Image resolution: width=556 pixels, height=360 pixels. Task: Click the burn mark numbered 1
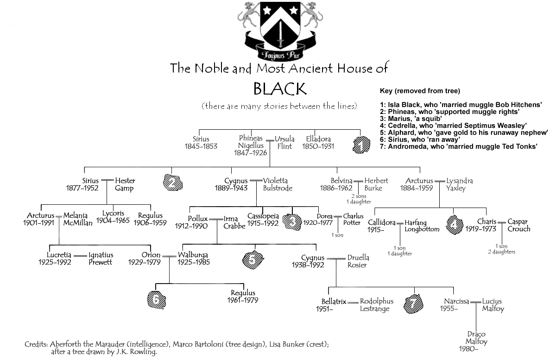pyautogui.click(x=360, y=145)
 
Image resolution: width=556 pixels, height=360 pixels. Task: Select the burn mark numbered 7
pyautogui.click(x=413, y=304)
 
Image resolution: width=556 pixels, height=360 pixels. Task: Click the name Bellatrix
pyautogui.click(x=334, y=302)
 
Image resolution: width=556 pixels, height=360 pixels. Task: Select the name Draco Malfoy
pyautogui.click(x=476, y=338)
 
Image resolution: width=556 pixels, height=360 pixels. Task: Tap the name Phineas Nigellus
pyautogui.click(x=251, y=142)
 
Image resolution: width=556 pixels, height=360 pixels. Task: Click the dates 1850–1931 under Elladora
pyautogui.click(x=318, y=146)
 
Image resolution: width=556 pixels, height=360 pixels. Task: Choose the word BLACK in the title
pyautogui.click(x=279, y=88)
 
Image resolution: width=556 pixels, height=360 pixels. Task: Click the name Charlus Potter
pyautogui.click(x=354, y=220)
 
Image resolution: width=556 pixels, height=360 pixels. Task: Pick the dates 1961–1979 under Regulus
pyautogui.click(x=243, y=300)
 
